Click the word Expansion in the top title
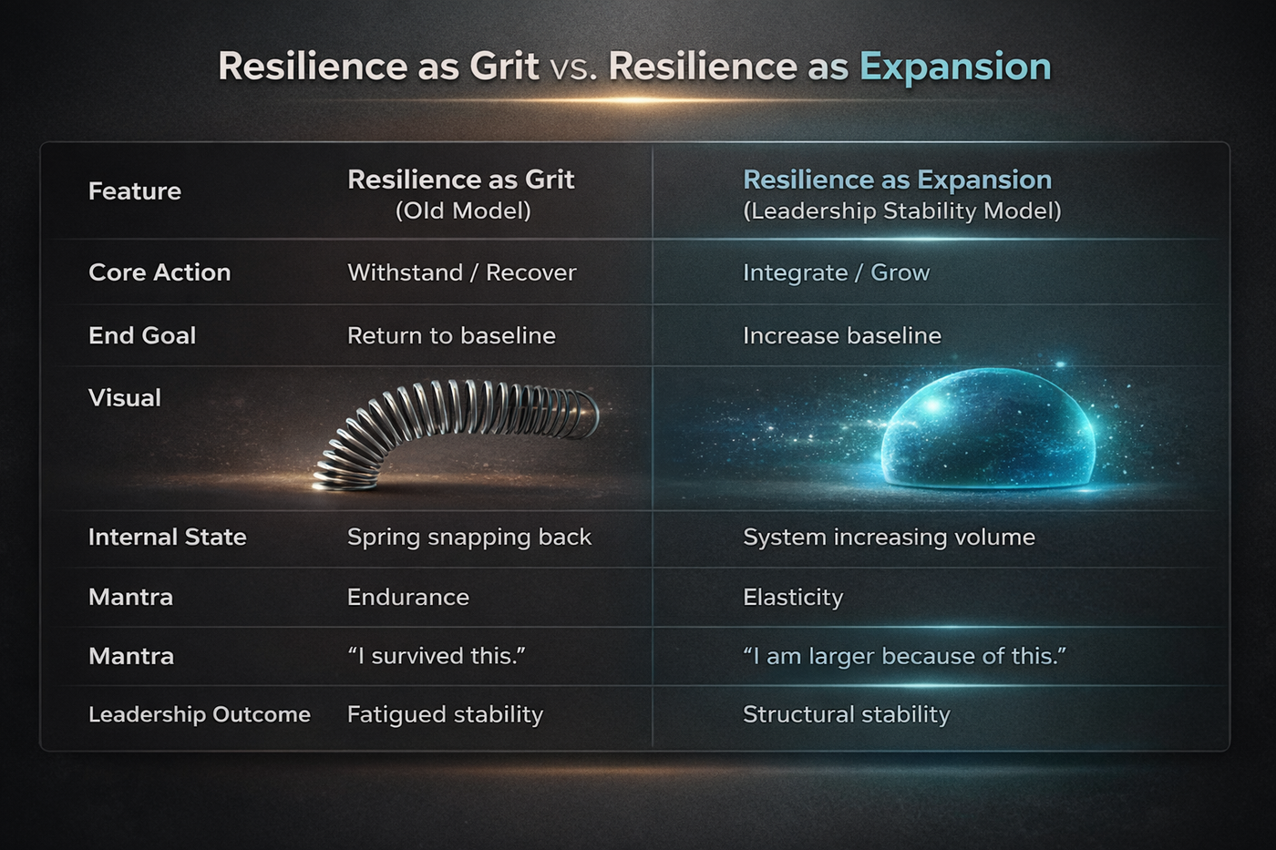955,67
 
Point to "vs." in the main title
573,67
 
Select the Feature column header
135,191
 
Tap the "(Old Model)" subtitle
463,211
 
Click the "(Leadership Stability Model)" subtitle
902,211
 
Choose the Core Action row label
159,272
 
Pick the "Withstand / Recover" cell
462,272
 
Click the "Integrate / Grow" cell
836,272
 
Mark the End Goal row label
142,335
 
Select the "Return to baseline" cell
451,335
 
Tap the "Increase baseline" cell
841,335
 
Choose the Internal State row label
168,537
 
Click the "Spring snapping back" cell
469,537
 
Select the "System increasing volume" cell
889,537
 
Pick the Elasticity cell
793,597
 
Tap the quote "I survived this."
437,656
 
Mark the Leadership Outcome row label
200,714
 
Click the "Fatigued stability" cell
445,714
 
